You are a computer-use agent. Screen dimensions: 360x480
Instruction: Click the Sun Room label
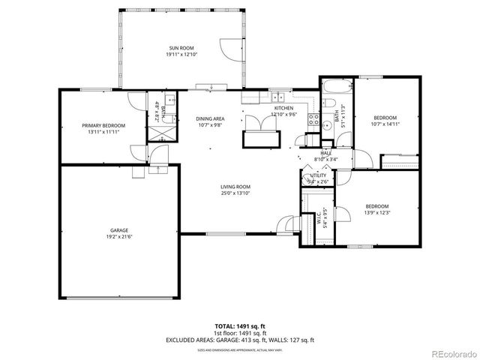[180, 48]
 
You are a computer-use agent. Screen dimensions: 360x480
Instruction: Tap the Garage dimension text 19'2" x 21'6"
[119, 236]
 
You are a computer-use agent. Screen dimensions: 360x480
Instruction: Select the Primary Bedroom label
[103, 125]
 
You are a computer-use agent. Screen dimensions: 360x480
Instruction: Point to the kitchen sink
[278, 96]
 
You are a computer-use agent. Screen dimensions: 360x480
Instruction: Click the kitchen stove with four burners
[316, 118]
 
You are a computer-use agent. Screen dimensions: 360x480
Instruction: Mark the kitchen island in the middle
[259, 139]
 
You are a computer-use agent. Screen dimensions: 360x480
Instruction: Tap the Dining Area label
[210, 118]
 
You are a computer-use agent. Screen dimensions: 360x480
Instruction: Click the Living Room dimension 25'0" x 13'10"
[235, 193]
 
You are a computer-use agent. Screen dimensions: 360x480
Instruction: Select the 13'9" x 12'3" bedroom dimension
[376, 212]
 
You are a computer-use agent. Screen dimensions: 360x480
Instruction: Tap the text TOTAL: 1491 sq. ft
[239, 326]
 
